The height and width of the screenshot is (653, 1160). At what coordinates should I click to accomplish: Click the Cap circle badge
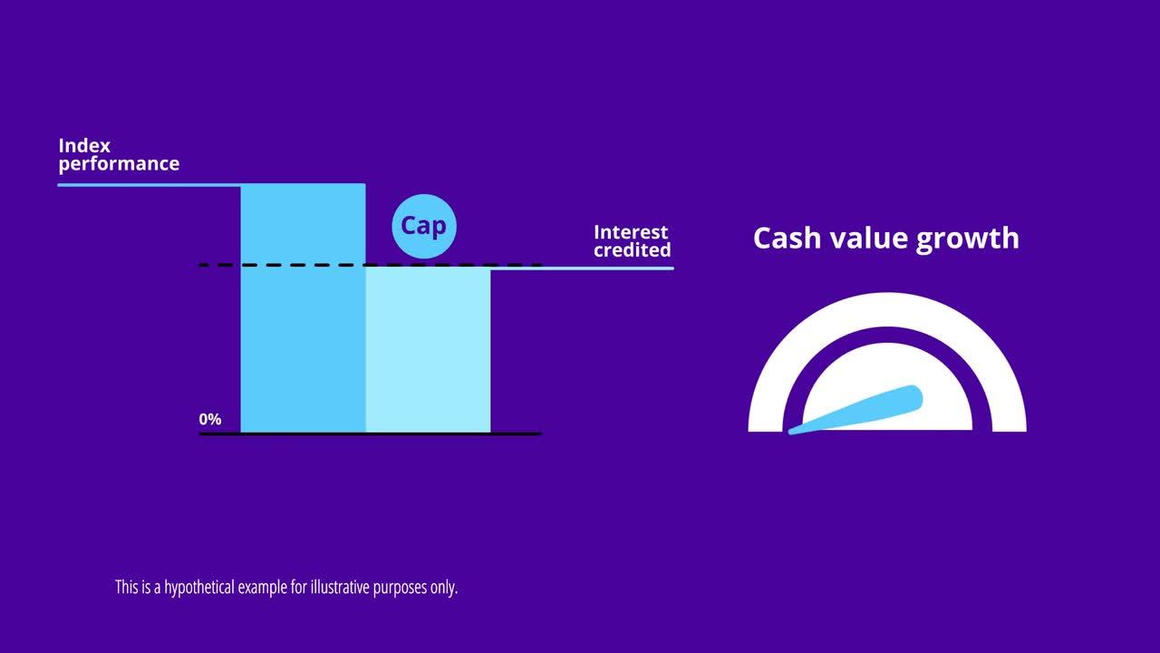424,226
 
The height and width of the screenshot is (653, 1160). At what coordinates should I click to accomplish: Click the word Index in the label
84,145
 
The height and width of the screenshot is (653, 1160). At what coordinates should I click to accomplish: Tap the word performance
119,164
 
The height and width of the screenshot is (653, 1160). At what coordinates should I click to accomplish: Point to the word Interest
631,232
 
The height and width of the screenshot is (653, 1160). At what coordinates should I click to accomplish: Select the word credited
633,250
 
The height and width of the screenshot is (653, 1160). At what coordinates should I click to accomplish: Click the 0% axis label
210,420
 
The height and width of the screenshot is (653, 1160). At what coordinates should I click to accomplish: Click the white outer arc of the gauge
887,308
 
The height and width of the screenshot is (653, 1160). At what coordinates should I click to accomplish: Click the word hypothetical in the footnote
198,588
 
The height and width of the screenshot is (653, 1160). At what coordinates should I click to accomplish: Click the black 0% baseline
517,434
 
